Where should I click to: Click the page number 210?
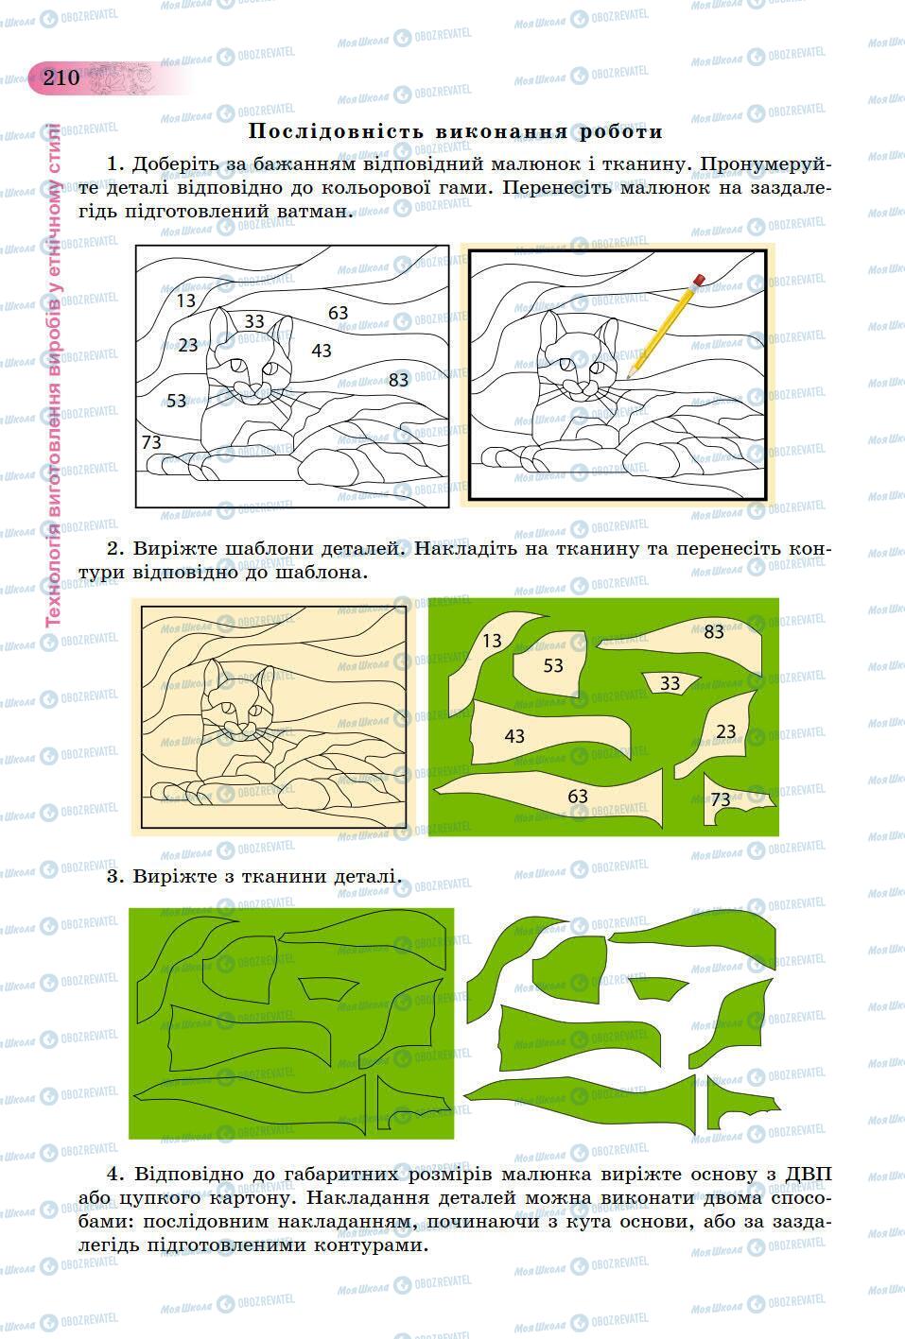point(61,77)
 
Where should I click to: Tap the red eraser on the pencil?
point(699,280)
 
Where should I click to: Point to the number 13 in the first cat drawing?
point(186,300)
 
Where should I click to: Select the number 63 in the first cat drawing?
point(338,313)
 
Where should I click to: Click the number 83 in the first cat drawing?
point(398,380)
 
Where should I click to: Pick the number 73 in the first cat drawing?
point(151,442)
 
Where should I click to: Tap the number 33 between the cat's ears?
point(254,321)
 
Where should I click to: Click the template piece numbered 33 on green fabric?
point(670,682)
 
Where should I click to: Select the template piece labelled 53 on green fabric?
point(550,663)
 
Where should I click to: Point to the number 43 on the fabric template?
point(514,736)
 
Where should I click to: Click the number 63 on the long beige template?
point(578,797)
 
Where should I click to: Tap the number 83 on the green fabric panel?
point(714,632)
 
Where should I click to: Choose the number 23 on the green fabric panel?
point(725,731)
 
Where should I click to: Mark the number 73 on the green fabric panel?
point(721,799)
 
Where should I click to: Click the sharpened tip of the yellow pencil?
point(629,377)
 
